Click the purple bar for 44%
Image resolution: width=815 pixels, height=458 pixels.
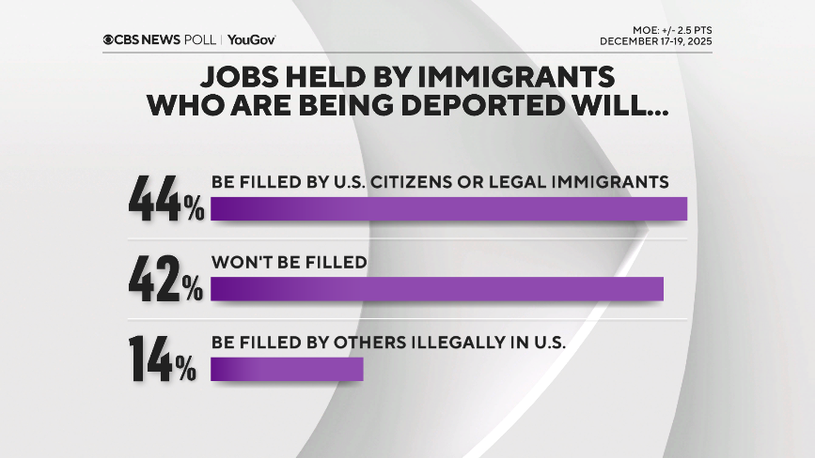click(448, 208)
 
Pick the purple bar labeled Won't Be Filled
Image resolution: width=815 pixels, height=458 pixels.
click(437, 289)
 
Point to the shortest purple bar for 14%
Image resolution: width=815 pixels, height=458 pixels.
click(287, 369)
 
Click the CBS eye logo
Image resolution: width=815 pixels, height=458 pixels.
click(109, 39)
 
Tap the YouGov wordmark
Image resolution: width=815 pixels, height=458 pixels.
click(251, 39)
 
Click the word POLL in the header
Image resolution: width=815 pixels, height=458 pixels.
click(203, 39)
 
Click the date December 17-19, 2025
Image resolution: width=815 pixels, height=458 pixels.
click(656, 41)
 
